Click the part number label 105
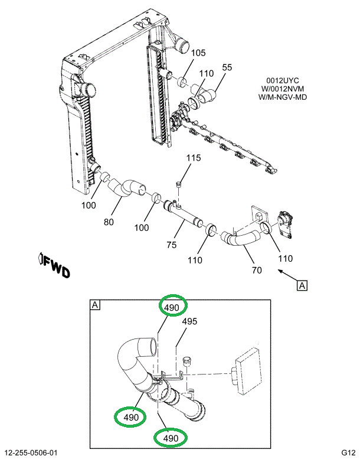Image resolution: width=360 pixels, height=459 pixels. (x=198, y=53)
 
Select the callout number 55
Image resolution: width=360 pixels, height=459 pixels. (x=227, y=67)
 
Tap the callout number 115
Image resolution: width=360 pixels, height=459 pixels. (x=194, y=158)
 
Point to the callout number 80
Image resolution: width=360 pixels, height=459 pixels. (x=108, y=223)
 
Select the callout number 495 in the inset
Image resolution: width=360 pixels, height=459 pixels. (x=189, y=322)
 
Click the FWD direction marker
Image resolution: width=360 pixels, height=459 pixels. (x=54, y=266)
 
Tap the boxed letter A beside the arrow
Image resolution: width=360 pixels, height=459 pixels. (x=302, y=286)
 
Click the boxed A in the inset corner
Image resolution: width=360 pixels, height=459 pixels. (x=94, y=305)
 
